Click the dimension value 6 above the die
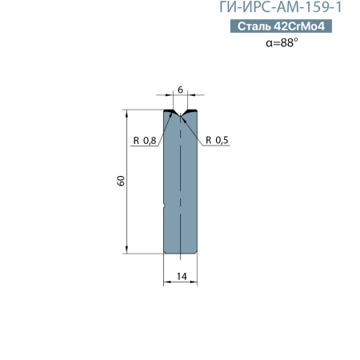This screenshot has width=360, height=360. pos(181,90)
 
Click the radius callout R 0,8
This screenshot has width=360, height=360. pos(145,141)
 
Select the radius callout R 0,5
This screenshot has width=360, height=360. pos(217,141)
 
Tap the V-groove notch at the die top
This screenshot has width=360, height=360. pos(181,114)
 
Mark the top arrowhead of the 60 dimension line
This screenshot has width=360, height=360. pos(127,113)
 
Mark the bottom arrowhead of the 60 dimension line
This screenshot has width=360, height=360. pos(127,250)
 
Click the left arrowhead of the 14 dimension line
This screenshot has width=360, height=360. pos(166,282)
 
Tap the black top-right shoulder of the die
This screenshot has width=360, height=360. pos(193,110)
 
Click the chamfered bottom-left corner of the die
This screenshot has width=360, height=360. pos(166,252)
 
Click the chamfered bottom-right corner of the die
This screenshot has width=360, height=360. pos(197,252)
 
